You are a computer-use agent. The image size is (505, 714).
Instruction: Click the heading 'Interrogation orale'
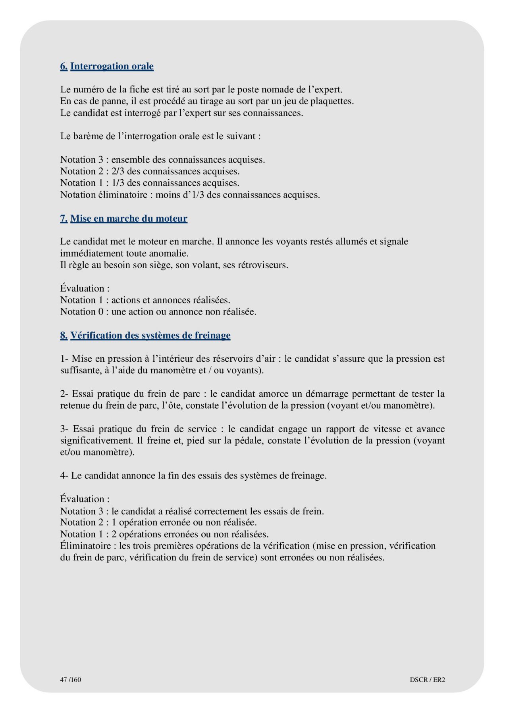(112, 66)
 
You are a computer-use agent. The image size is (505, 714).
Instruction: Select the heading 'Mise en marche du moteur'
(129, 219)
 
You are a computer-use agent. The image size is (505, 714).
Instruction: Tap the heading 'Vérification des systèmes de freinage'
(150, 336)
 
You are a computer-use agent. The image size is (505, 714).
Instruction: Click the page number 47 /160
(70, 679)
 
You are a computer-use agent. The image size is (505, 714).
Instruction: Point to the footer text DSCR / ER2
(427, 679)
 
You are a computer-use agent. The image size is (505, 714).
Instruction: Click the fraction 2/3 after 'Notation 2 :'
(118, 171)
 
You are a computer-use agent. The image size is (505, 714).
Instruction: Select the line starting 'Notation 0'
(158, 312)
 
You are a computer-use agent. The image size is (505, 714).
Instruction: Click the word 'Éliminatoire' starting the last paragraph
(85, 546)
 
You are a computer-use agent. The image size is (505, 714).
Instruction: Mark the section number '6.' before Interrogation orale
(64, 66)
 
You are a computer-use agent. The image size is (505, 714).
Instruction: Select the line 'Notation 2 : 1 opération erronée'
(158, 522)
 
